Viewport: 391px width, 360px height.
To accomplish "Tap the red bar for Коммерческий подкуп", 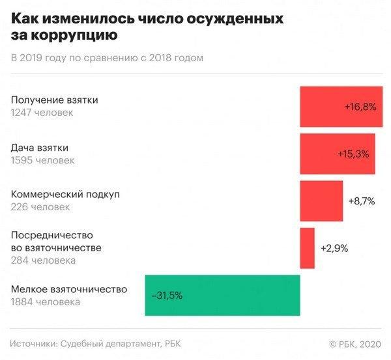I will click(x=321, y=201).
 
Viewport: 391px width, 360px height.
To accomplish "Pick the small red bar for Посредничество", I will click(x=307, y=247).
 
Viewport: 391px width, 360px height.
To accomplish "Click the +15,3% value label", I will click(x=354, y=154).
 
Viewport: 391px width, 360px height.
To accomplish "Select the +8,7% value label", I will click(x=362, y=201).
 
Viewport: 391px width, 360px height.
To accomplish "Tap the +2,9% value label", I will click(x=334, y=248).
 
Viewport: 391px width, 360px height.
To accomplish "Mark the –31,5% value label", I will click(x=167, y=295).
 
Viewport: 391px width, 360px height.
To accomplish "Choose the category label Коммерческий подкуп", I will click(x=66, y=195).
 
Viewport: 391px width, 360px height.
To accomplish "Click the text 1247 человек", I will click(x=42, y=113).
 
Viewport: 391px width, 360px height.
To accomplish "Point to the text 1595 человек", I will click(x=43, y=160).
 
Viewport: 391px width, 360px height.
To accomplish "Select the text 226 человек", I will click(x=40, y=207).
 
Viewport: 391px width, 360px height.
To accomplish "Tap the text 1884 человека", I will click(x=46, y=302).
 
